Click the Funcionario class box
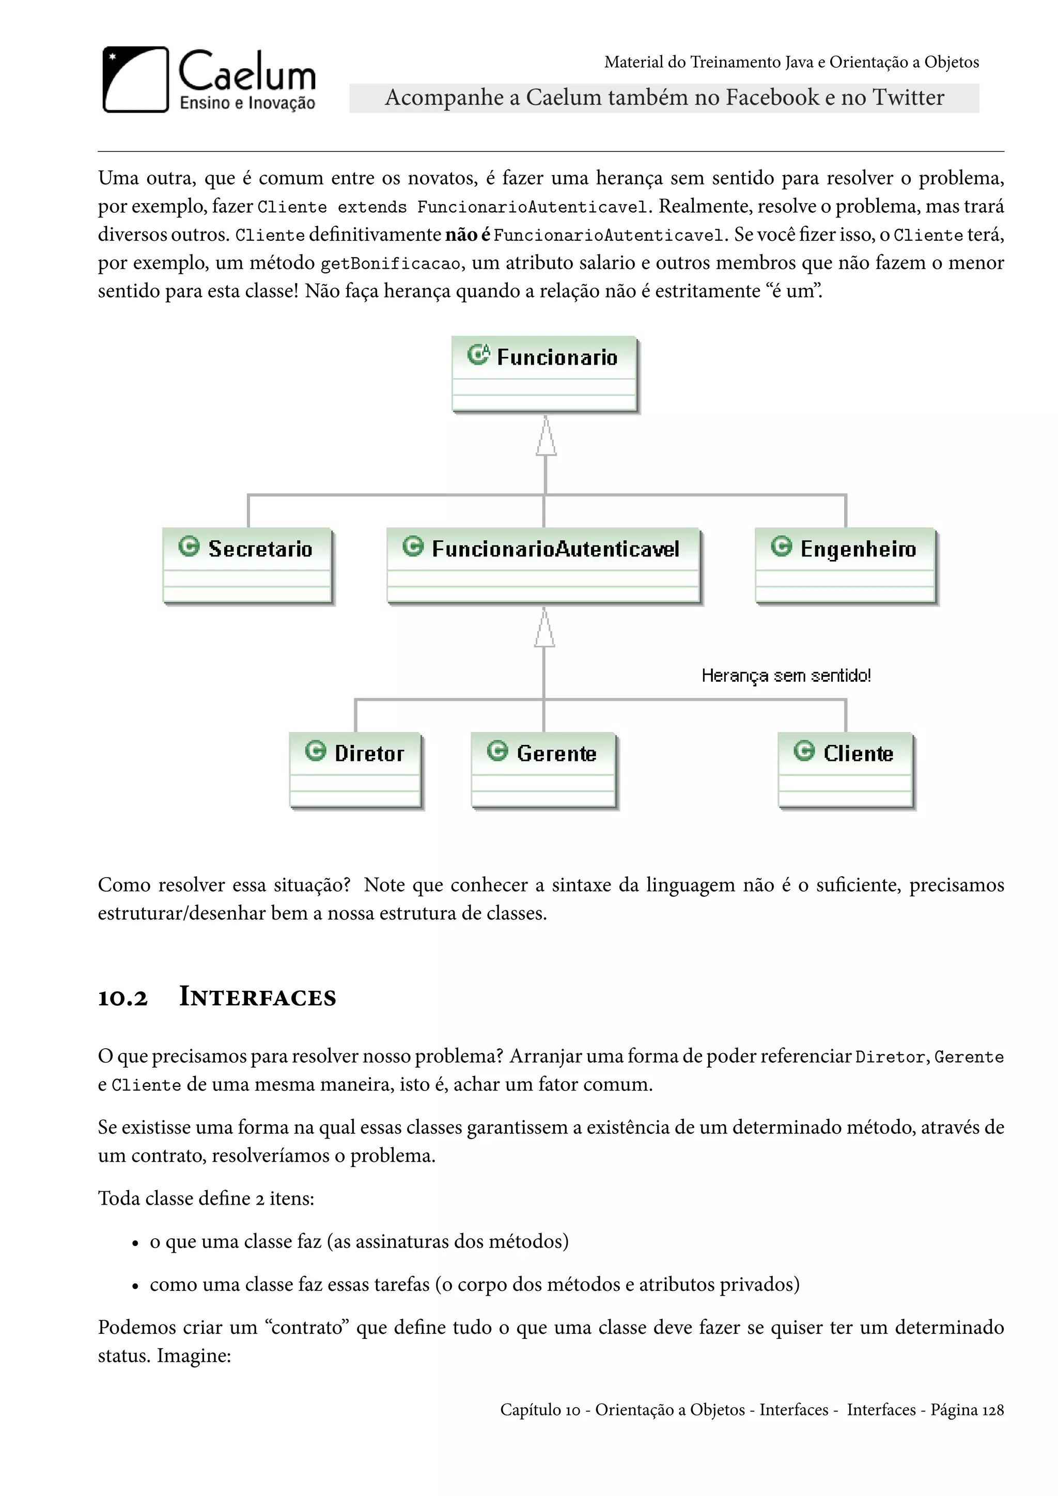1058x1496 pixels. pyautogui.click(x=544, y=374)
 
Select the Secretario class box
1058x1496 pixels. pyautogui.click(x=247, y=565)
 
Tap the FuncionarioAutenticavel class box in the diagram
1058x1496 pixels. pyautogui.click(x=543, y=565)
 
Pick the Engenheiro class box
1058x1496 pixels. pyautogui.click(x=846, y=565)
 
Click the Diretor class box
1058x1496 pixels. pyautogui.click(x=356, y=770)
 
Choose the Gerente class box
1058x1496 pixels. pyautogui.click(x=543, y=770)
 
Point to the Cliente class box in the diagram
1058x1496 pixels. pyautogui.click(x=846, y=770)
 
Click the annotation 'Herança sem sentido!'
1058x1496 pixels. pyautogui.click(x=786, y=676)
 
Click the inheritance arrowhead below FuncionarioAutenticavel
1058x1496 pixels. pyautogui.click(x=544, y=628)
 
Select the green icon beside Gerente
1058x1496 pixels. pyautogui.click(x=497, y=751)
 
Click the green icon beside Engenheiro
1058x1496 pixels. pyautogui.click(x=781, y=546)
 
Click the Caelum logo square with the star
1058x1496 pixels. pyautogui.click(x=135, y=80)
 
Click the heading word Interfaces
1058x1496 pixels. pyautogui.click(x=257, y=998)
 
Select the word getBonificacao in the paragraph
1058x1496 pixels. pyautogui.click(x=391, y=264)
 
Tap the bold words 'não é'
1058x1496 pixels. pyautogui.click(x=467, y=235)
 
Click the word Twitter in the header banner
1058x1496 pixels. pyautogui.click(x=908, y=98)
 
